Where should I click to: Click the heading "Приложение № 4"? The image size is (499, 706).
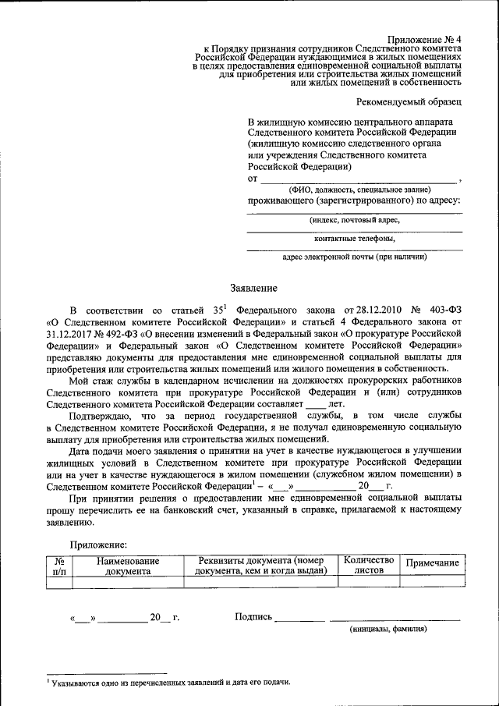[425, 39]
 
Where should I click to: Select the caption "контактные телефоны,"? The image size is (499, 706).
[355, 239]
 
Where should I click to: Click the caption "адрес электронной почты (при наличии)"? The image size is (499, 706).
[354, 257]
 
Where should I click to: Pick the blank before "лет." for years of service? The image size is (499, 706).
[315, 406]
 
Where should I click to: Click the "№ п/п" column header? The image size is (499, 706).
[59, 566]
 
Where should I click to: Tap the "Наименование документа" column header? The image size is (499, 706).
[128, 566]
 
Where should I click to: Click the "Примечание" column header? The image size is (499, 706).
[432, 563]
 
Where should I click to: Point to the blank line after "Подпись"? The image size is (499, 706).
[299, 619]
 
